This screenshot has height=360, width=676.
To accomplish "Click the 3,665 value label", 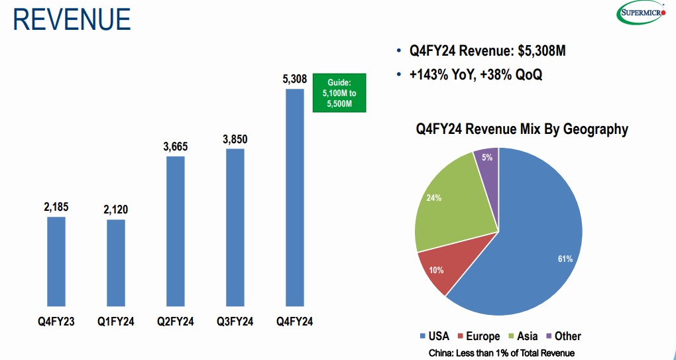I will [x=176, y=147].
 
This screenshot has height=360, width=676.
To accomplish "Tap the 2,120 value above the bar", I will [x=116, y=210].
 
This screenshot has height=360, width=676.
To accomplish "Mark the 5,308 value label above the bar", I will [x=295, y=80].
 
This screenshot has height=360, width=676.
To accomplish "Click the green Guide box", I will [x=339, y=93].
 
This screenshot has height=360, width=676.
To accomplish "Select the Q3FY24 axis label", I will [x=235, y=322].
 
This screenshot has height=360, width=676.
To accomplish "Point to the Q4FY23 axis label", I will [x=56, y=322].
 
